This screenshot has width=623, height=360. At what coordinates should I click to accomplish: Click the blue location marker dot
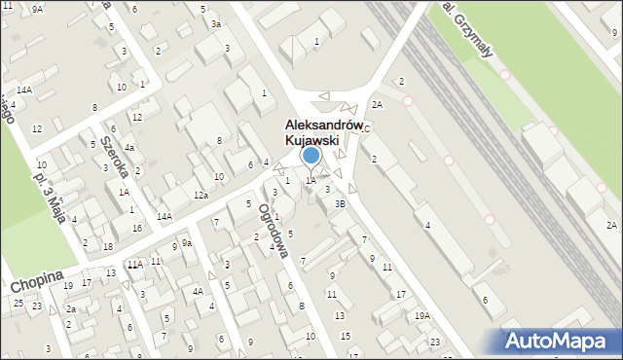[x=311, y=154]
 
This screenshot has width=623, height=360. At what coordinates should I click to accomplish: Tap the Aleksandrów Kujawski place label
[x=311, y=132]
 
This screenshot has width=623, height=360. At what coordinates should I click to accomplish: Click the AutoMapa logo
[x=556, y=341]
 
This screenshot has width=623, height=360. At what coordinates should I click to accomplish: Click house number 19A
[x=421, y=315]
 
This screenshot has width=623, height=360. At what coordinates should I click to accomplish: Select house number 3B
[x=340, y=203]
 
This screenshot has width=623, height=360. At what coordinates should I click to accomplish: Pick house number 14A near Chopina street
[x=165, y=216]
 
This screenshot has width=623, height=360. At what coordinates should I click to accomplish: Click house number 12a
[x=201, y=196]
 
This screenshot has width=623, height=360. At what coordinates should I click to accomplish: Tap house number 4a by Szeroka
[x=128, y=147]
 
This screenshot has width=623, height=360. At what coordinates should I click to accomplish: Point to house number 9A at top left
[x=37, y=9]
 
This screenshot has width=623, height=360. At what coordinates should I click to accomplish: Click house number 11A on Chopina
[x=134, y=264]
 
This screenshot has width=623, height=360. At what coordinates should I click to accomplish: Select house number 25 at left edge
[x=18, y=303]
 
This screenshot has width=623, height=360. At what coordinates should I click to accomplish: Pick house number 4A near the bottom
[x=197, y=291]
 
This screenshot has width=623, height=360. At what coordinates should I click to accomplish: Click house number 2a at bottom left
[x=70, y=309]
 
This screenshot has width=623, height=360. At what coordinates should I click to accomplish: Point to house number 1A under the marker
[x=310, y=180]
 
